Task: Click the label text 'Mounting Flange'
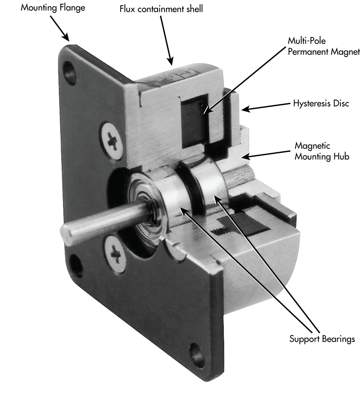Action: (53, 8)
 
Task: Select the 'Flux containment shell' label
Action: (161, 9)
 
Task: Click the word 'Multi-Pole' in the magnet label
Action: (307, 41)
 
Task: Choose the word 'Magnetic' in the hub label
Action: (312, 146)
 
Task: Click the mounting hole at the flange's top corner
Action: (72, 72)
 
